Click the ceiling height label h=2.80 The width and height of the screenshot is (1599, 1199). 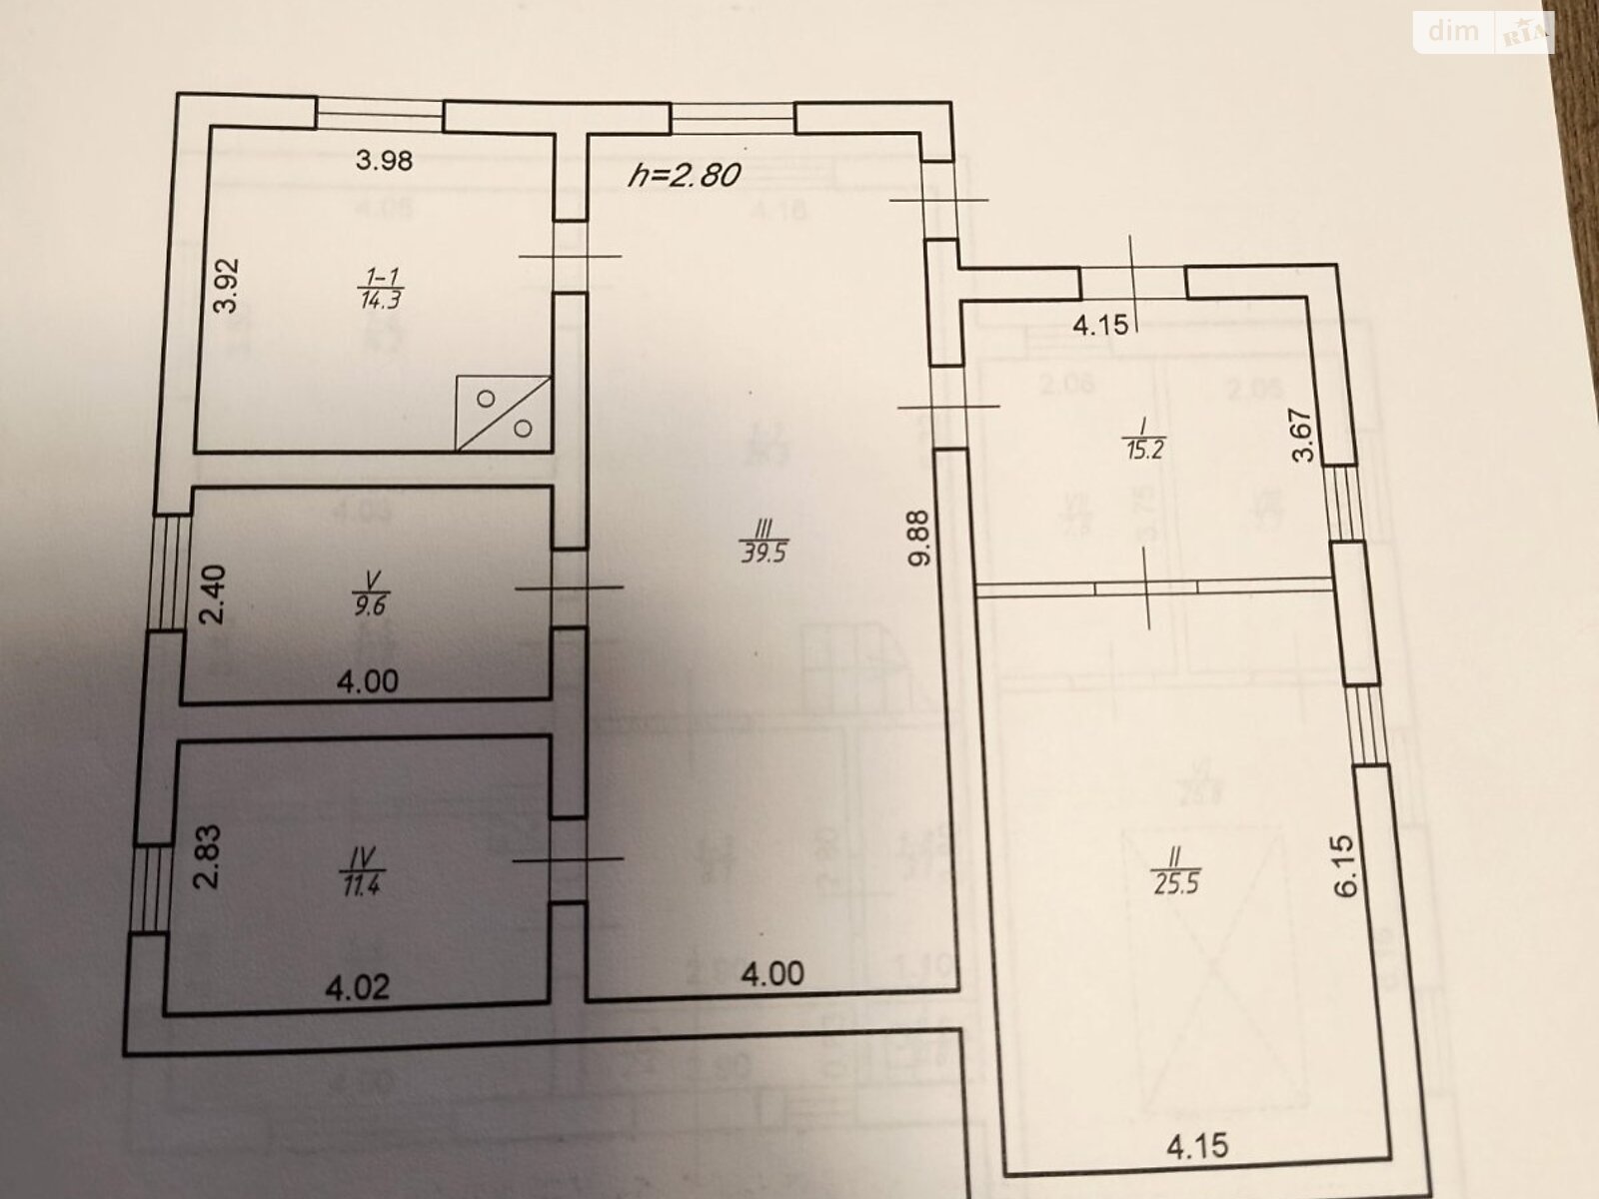685,175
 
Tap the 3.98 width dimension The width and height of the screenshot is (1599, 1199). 385,160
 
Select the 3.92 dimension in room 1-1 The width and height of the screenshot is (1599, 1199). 228,287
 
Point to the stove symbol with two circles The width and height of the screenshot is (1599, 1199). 504,413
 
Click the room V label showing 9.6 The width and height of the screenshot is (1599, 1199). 372,595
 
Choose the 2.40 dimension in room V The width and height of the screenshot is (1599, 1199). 212,595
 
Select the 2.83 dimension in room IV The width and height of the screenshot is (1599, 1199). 208,856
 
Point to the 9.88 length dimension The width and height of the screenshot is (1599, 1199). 919,539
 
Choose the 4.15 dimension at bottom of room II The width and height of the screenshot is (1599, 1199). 1197,1146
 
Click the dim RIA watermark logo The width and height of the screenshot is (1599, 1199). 1484,33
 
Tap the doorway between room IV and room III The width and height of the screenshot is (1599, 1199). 568,859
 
